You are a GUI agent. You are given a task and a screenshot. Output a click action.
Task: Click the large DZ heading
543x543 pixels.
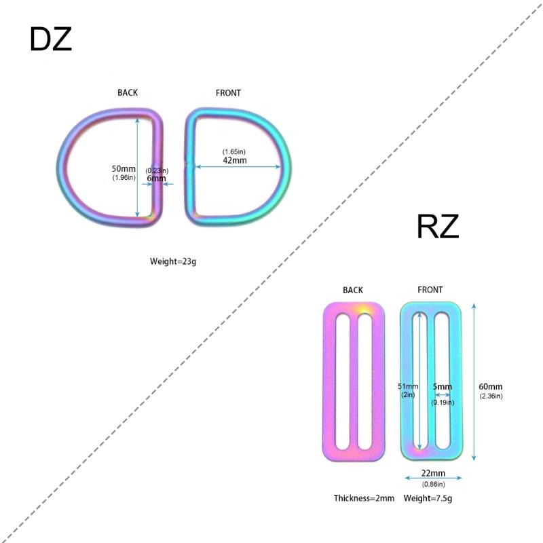(x=50, y=39)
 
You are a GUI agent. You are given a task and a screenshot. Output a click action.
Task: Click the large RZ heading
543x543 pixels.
(x=438, y=227)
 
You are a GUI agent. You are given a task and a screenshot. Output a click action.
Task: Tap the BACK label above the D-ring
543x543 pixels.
(x=128, y=93)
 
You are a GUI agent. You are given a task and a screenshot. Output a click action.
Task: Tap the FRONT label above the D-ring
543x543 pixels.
(x=228, y=93)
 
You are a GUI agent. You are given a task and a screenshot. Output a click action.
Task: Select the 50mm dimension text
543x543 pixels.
(x=124, y=168)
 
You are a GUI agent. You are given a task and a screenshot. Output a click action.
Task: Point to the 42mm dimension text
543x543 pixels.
(x=235, y=160)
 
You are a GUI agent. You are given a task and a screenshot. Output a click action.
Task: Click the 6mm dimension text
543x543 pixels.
(x=156, y=179)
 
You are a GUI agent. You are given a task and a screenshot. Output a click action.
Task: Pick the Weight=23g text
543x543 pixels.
(x=173, y=261)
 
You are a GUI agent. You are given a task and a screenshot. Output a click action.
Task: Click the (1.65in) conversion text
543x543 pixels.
(x=233, y=151)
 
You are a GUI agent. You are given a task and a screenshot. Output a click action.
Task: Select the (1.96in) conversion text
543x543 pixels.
(x=124, y=178)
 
